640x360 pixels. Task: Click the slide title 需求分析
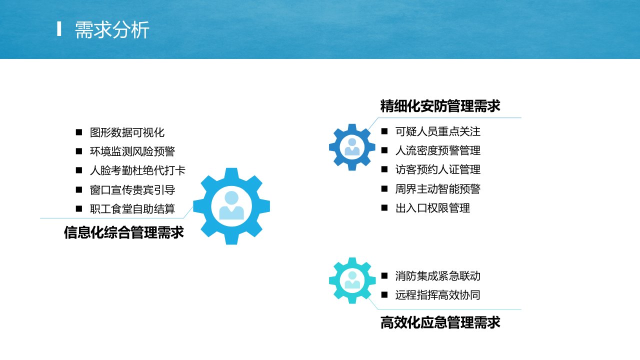click(x=112, y=29)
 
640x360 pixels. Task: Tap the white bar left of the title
click(x=59, y=29)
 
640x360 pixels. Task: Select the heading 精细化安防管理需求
click(x=440, y=106)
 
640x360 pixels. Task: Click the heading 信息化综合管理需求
click(x=123, y=232)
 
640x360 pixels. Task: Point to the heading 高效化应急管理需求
click(x=440, y=322)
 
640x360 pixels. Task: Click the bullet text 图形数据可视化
click(x=127, y=132)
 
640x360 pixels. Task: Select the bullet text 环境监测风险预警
click(x=132, y=151)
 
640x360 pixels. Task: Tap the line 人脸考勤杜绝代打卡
click(x=137, y=170)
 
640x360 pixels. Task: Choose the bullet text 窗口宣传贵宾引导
click(x=132, y=190)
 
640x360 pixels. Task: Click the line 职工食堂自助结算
click(x=132, y=209)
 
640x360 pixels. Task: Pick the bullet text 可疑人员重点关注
click(x=437, y=131)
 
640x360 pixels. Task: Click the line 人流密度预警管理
click(x=437, y=150)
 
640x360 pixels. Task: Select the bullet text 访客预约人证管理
click(x=437, y=169)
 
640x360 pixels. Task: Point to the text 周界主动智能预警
click(x=437, y=189)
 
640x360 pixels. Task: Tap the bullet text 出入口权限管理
click(x=432, y=208)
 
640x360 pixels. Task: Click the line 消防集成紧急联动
click(x=437, y=276)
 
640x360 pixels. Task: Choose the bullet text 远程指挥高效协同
click(x=437, y=295)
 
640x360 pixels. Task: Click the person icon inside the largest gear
click(x=231, y=205)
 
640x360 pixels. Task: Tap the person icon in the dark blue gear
click(x=352, y=147)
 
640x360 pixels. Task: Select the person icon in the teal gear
click(x=352, y=280)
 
